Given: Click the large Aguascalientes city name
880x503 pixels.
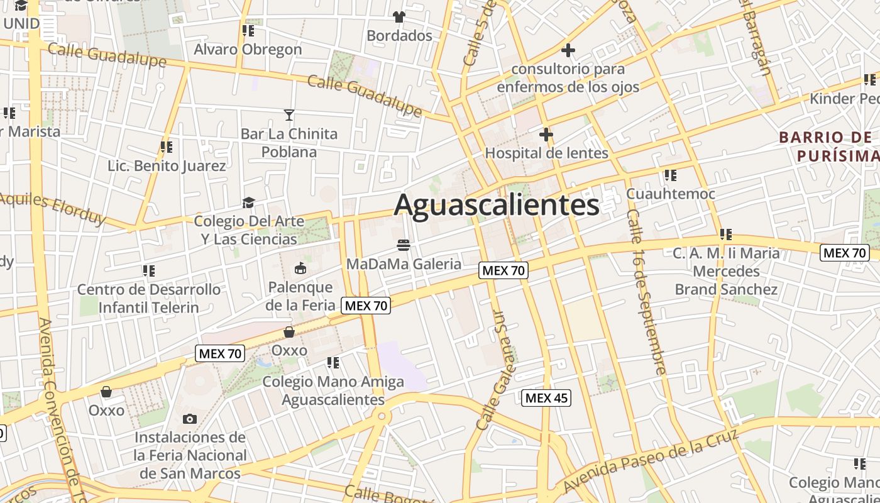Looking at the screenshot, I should (x=497, y=205).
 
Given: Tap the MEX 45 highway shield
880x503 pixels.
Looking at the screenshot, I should (x=547, y=397).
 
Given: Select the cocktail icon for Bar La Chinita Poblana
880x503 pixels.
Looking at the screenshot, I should (x=289, y=114).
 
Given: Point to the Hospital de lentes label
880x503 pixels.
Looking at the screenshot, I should (x=546, y=153).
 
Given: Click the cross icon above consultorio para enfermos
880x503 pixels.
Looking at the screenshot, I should (x=568, y=50).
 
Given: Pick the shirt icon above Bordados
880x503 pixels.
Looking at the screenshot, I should (x=399, y=16).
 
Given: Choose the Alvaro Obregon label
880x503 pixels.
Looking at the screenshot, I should (x=248, y=49).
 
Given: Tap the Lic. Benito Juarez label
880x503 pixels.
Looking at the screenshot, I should (x=167, y=166).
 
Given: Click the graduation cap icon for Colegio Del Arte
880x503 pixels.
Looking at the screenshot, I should (x=249, y=202).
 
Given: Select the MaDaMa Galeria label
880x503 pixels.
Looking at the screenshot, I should (x=404, y=264).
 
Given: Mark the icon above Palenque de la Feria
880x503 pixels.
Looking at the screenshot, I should (x=300, y=268).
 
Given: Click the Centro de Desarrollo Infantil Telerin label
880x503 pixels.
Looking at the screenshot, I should (x=149, y=299).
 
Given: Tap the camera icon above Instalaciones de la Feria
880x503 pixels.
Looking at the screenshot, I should (x=190, y=419).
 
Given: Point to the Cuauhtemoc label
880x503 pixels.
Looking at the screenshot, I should (x=671, y=194).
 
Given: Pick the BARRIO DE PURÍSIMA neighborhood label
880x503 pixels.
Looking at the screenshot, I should (x=828, y=146).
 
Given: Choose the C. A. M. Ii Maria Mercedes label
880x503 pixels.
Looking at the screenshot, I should (x=726, y=271).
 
